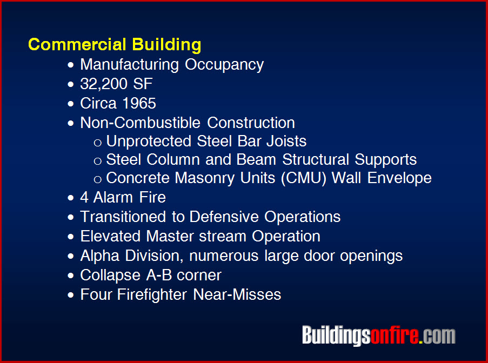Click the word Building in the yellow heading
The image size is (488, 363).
pyautogui.click(x=166, y=44)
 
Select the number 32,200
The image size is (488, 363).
pyautogui.click(x=104, y=84)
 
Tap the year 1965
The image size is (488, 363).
pyautogui.click(x=139, y=103)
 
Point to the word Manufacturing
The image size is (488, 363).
pyautogui.click(x=130, y=65)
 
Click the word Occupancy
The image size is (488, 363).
pyautogui.click(x=224, y=65)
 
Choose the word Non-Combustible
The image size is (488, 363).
pyautogui.click(x=140, y=123)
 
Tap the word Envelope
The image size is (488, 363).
pyautogui.click(x=399, y=178)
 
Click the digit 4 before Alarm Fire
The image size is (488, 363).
pyautogui.click(x=84, y=197)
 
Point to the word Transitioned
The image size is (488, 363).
pyautogui.click(x=123, y=217)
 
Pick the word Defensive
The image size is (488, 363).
pyautogui.click(x=224, y=217)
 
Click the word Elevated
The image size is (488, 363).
pyautogui.click(x=110, y=236)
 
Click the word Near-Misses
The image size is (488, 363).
pyautogui.click(x=237, y=294)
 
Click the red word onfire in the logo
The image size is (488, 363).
pyautogui.click(x=395, y=335)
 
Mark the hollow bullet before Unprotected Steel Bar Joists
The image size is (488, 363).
pyautogui.click(x=98, y=143)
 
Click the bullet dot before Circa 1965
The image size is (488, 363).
pyautogui.click(x=71, y=104)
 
